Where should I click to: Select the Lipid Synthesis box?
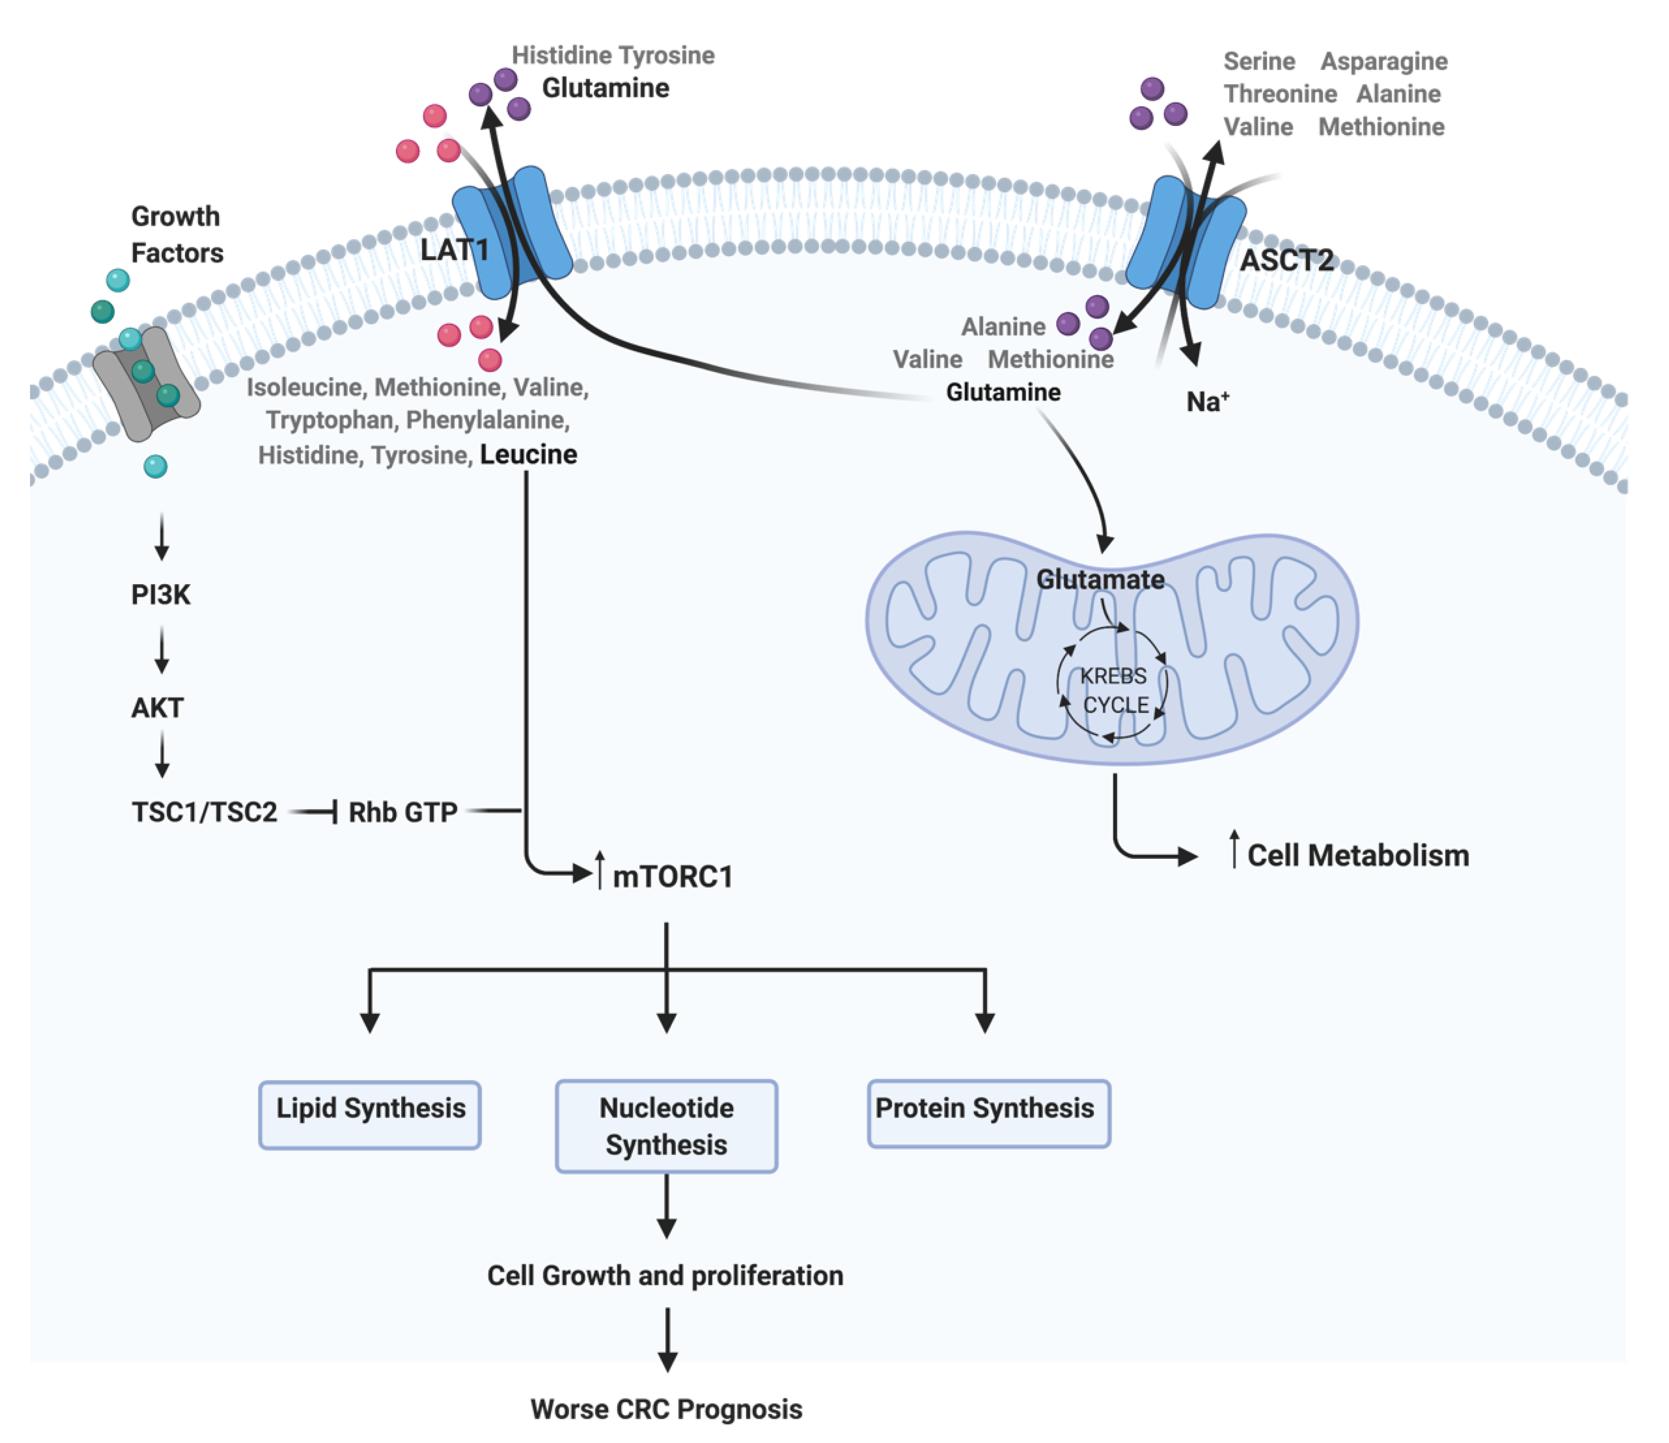(x=370, y=1114)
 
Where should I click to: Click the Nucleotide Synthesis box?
(x=666, y=1126)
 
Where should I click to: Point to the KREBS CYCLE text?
(x=1114, y=690)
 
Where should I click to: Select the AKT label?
(x=158, y=708)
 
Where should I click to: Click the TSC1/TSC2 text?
(x=205, y=812)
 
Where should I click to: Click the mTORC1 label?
(x=673, y=876)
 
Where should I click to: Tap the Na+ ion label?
(x=1207, y=401)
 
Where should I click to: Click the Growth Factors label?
(x=176, y=234)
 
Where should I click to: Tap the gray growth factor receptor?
(x=146, y=383)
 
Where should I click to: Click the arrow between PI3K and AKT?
(x=162, y=650)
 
